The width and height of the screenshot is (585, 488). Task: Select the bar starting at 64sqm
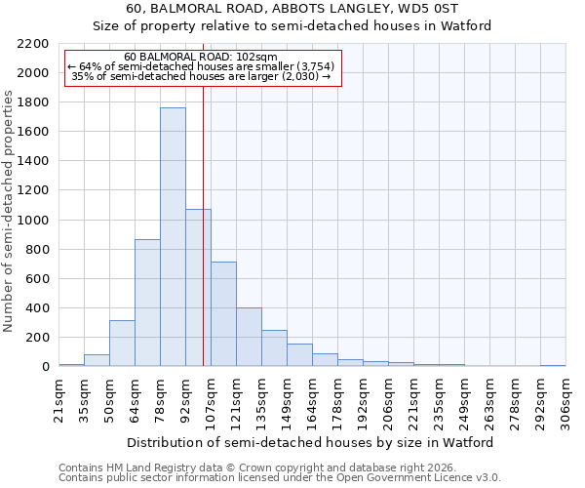pyautogui.click(x=147, y=303)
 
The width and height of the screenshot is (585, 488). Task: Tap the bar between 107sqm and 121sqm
pyautogui.click(x=223, y=314)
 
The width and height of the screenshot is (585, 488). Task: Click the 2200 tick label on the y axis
pyautogui.click(x=33, y=44)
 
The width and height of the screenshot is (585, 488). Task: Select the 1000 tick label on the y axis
pyautogui.click(x=33, y=221)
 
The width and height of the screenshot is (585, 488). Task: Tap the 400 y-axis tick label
pyautogui.click(x=37, y=308)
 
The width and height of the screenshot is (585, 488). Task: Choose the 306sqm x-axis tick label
pyautogui.click(x=565, y=400)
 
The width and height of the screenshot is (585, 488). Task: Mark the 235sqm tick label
pyautogui.click(x=439, y=400)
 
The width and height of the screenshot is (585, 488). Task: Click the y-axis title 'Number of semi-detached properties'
pyautogui.click(x=10, y=211)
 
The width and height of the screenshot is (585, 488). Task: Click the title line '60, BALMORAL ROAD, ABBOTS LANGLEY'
pyautogui.click(x=292, y=9)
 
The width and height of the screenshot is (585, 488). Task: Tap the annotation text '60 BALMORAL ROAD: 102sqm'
pyautogui.click(x=202, y=58)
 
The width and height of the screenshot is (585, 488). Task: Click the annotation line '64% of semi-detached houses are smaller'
pyautogui.click(x=202, y=66)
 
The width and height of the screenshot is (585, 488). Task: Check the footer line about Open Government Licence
pyautogui.click(x=280, y=478)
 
